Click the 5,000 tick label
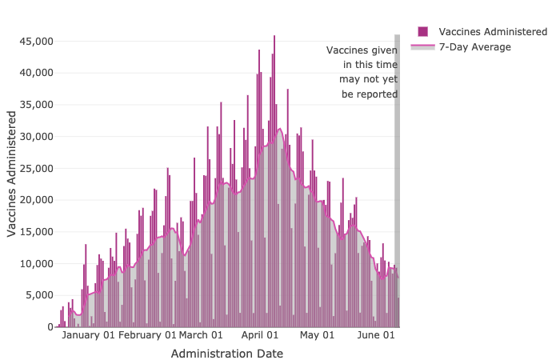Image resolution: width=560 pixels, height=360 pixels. (x=38, y=295)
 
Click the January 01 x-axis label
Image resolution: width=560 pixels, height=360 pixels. (x=88, y=336)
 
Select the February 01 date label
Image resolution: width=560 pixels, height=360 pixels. (x=147, y=336)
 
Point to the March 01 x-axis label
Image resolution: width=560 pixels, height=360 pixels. (x=201, y=336)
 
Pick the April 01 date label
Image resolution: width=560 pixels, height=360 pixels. (x=260, y=336)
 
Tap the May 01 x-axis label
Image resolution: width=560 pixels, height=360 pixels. (x=317, y=336)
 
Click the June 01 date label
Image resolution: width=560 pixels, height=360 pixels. (x=376, y=336)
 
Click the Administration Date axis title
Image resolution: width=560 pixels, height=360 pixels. (x=227, y=353)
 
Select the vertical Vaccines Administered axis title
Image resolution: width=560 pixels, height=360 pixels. (x=12, y=174)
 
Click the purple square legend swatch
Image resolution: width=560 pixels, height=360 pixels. (x=422, y=31)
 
